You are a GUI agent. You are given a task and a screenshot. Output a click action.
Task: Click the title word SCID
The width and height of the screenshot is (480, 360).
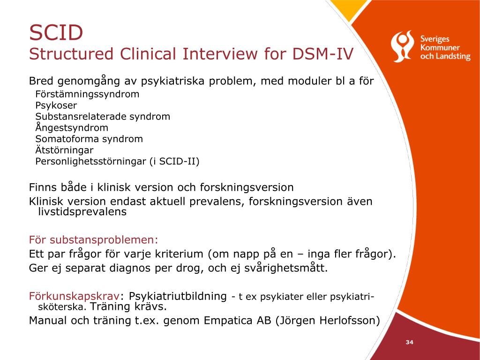pos(56,32)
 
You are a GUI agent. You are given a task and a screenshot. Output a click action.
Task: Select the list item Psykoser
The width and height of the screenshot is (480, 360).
pos(56,105)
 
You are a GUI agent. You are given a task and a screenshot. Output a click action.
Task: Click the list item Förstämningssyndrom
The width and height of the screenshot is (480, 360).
pos(87,94)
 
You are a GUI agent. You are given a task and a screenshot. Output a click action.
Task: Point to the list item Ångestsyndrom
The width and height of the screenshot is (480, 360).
pos(72,127)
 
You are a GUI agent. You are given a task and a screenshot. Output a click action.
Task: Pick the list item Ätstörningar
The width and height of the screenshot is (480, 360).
pos(64,150)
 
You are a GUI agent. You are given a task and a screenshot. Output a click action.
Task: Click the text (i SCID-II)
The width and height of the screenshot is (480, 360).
pos(174,161)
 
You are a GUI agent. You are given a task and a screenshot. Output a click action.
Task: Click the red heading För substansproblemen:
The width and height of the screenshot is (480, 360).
pos(93,240)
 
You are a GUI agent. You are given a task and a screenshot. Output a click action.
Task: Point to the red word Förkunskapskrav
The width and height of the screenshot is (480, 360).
pos(74,296)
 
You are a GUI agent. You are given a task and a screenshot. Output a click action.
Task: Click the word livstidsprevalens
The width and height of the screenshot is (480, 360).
pos(82,211)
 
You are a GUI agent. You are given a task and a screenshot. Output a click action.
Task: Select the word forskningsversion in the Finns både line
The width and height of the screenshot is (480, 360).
pos(247,187)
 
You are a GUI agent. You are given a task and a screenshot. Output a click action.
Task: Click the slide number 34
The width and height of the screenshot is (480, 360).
pos(410,342)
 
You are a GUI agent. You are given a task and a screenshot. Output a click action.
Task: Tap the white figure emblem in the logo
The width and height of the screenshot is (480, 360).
pos(402,46)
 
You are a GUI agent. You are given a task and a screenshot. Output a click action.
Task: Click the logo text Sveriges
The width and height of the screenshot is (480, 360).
pos(435,39)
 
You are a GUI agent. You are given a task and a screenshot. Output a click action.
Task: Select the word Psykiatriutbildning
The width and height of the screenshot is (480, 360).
pos(178,296)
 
